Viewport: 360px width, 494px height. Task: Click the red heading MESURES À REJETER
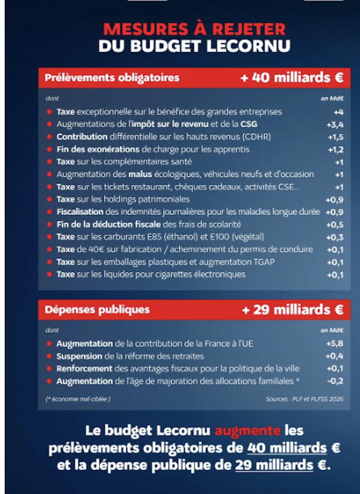194,29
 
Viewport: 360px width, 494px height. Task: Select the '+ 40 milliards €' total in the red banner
292,78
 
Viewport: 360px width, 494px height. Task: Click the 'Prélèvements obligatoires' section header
112,78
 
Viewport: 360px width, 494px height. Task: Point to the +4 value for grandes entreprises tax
338,112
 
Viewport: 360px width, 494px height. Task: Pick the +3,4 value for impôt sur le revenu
335,124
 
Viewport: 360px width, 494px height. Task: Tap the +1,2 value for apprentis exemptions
335,149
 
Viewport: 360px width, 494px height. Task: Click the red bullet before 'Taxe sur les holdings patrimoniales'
49,199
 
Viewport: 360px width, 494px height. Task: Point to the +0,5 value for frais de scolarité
335,225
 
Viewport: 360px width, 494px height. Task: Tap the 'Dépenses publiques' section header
97,310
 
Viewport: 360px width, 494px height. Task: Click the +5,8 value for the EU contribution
335,344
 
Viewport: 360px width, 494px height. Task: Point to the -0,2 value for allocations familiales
335,381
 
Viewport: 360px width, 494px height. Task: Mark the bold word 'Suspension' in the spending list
79,356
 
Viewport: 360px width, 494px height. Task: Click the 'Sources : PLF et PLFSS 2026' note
305,399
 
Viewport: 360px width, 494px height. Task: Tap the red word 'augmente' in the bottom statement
247,431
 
